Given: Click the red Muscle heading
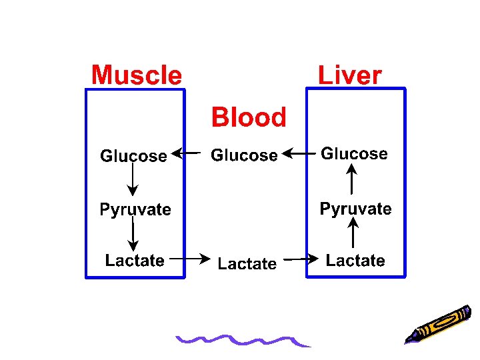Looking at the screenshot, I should (136, 75).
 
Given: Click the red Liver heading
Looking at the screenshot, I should (349, 75).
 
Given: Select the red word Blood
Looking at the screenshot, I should (249, 117).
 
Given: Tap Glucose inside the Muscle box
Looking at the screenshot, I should (133, 156).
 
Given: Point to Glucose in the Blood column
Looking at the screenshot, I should (244, 155).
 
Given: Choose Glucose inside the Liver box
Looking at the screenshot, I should (354, 154).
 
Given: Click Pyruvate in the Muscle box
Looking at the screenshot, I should (135, 210).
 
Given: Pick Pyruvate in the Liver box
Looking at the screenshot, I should (355, 209).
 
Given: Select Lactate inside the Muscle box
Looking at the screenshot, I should (135, 261).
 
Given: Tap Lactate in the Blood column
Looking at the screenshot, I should (247, 264).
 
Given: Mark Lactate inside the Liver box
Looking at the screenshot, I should (355, 261).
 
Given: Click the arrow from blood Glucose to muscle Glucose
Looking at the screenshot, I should (186, 153).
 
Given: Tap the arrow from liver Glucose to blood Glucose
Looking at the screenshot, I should (299, 153).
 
